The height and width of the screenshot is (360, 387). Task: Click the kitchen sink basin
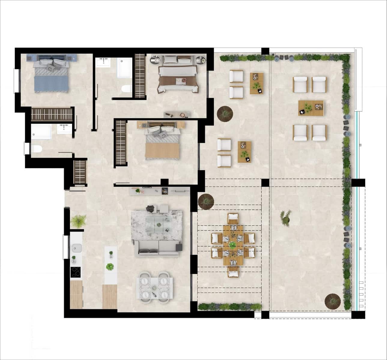pos(77,248)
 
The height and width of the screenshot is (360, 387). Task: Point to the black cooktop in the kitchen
pos(76,272)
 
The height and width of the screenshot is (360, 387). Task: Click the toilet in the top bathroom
pos(126,89)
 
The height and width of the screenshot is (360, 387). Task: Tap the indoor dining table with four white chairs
pos(155,287)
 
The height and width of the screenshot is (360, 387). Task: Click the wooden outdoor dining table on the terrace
pos(233,245)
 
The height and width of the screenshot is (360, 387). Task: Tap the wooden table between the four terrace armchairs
pos(311,108)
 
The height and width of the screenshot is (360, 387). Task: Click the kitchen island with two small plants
pos(110,265)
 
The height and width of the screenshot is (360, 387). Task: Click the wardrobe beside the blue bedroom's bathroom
pos(52,114)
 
